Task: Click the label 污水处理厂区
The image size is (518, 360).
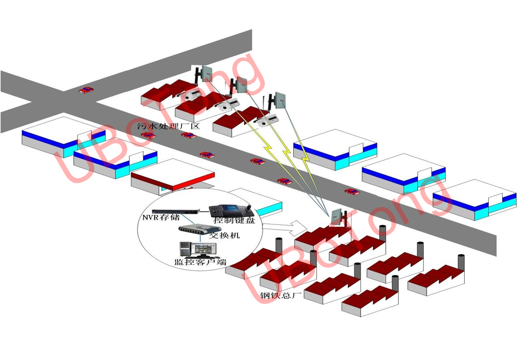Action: click(x=167, y=126)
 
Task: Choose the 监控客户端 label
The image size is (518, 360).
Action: click(x=200, y=262)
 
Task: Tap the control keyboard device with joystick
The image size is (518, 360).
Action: click(x=230, y=210)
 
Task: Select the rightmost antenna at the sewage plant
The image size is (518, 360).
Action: click(x=280, y=98)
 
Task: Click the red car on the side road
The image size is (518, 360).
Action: click(x=85, y=90)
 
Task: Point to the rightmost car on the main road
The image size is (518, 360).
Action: click(x=352, y=191)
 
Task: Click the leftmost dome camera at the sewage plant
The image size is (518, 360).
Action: click(x=189, y=97)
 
